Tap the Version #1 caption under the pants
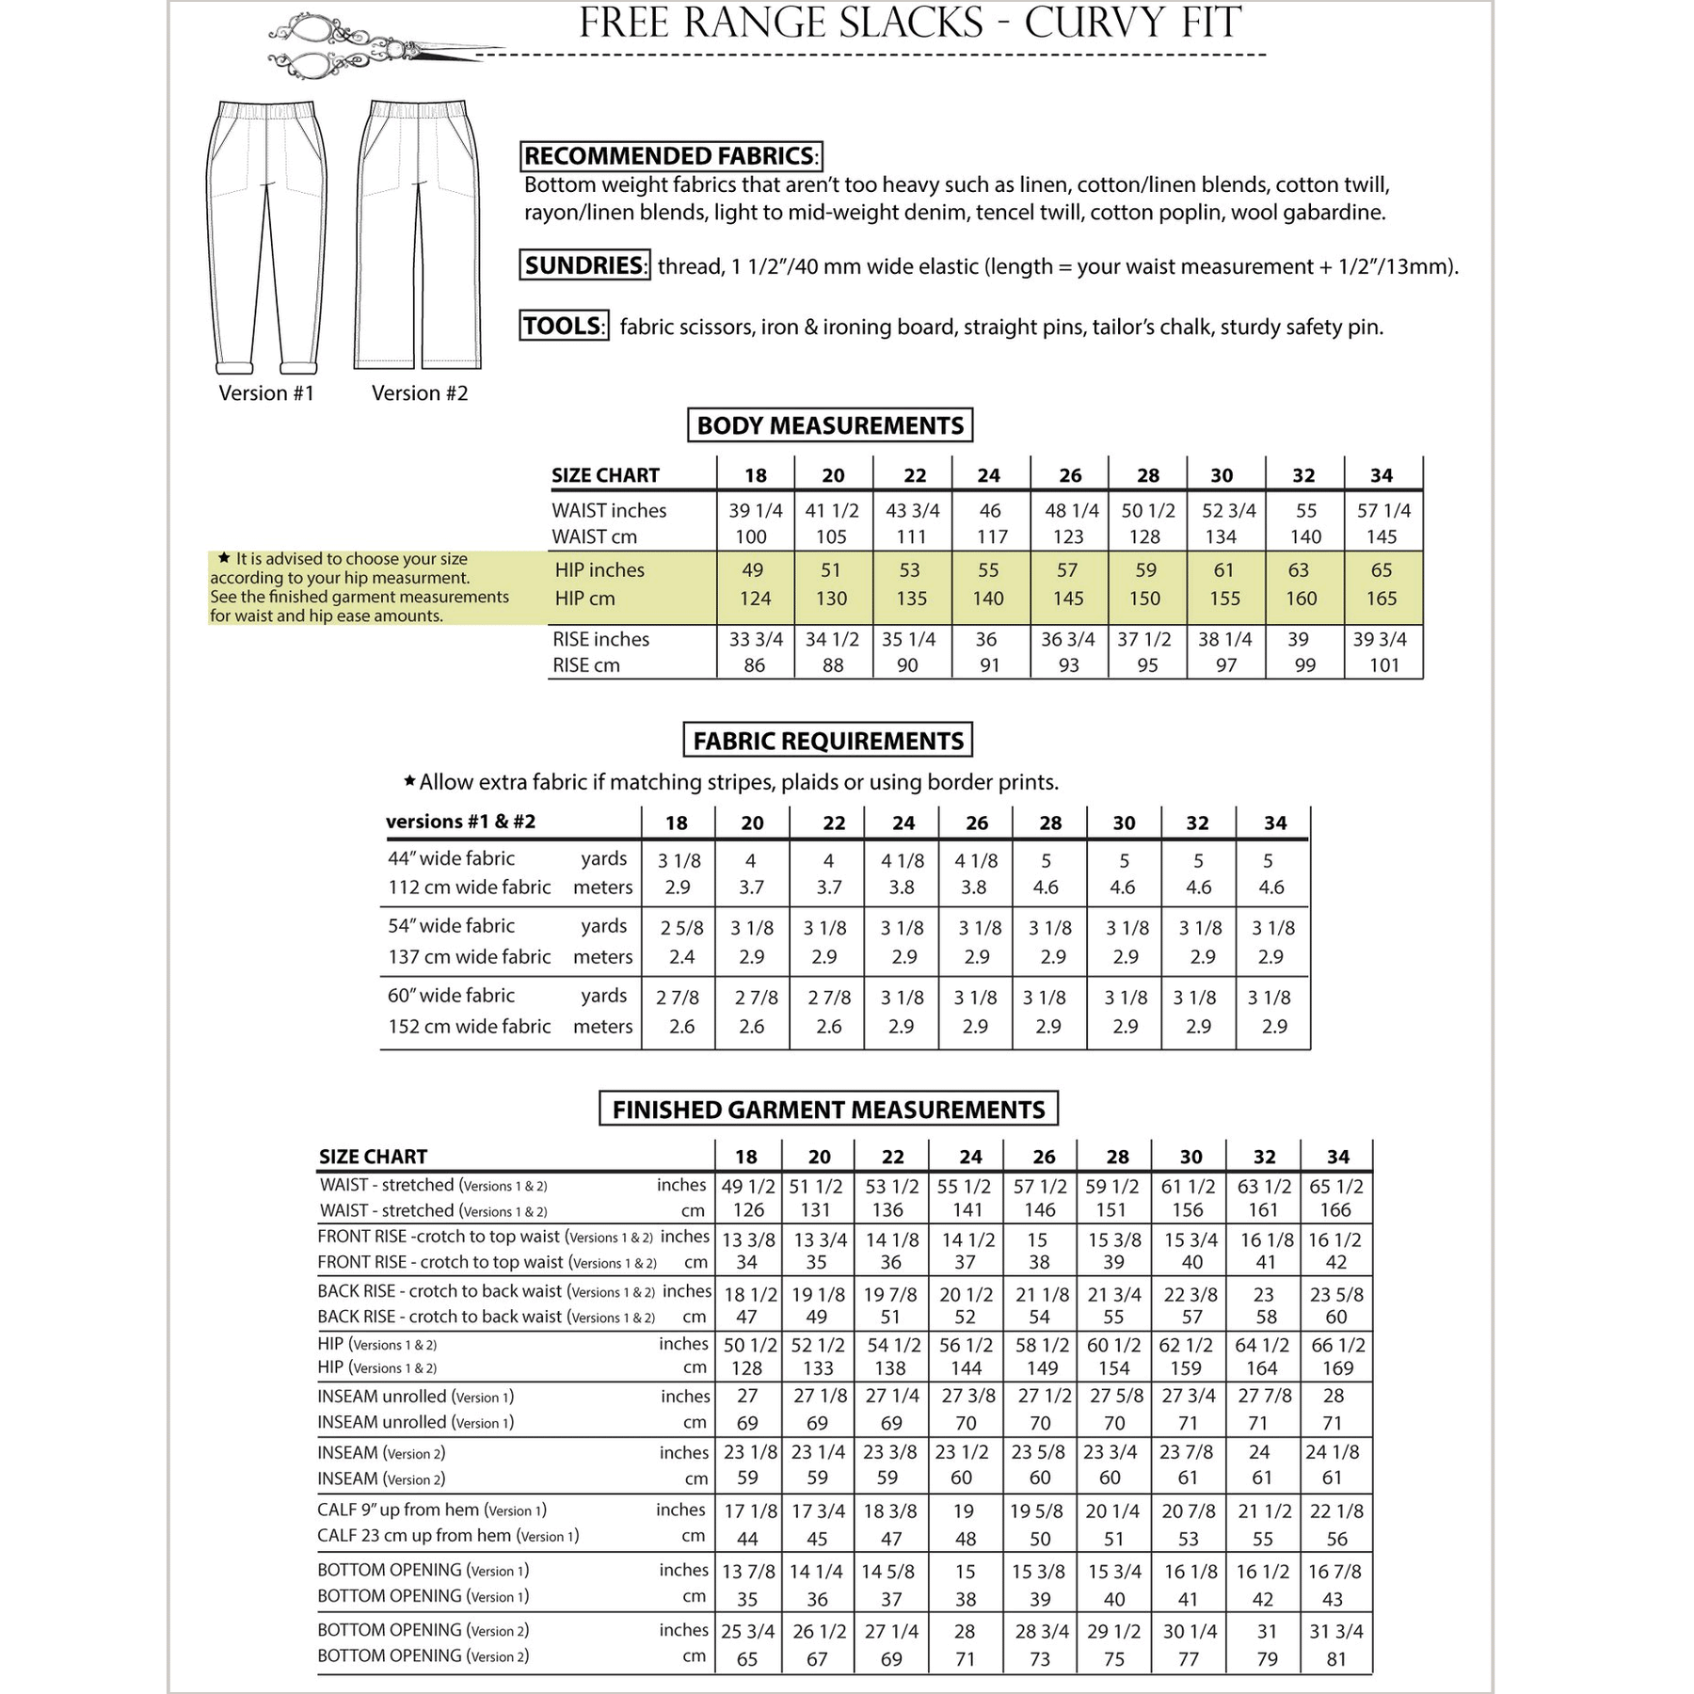tap(266, 393)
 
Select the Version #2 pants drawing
tap(418, 235)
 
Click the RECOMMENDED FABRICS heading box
tap(671, 156)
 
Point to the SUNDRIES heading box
tap(583, 265)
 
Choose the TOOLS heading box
tap(564, 326)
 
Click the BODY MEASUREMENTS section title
tap(829, 425)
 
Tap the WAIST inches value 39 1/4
tap(755, 510)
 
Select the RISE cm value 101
tap(1382, 665)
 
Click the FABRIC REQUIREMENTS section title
tap(827, 741)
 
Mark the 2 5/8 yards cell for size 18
tap(681, 928)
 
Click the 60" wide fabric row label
tap(451, 996)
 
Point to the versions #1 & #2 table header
tap(460, 822)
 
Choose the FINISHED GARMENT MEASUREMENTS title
tap(828, 1110)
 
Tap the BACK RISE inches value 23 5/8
tap(1336, 1295)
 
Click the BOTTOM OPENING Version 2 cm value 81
tap(1336, 1659)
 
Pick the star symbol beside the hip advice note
tap(224, 558)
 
